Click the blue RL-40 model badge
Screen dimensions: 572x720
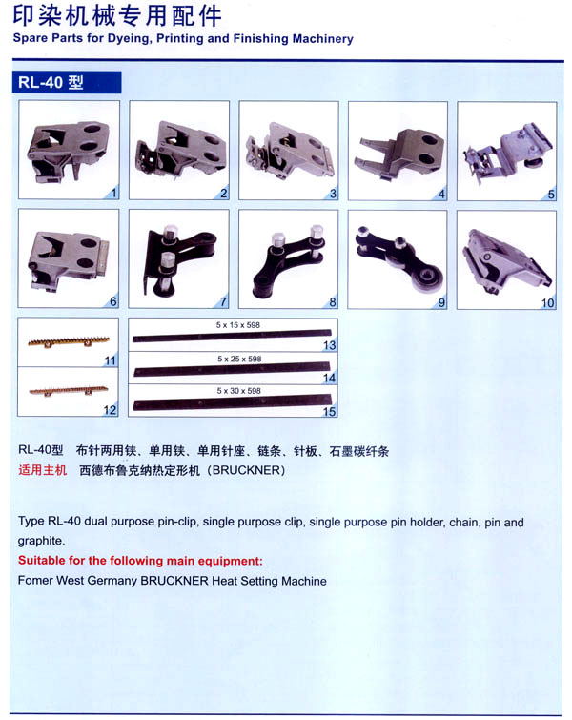67,82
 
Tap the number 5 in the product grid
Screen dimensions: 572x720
551,195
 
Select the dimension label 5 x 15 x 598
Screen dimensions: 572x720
237,325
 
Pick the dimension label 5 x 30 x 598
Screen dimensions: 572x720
238,391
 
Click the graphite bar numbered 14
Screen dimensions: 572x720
233,369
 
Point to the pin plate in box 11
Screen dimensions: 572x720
69,341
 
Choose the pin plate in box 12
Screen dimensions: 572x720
69,390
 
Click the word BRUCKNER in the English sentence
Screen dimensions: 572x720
174,581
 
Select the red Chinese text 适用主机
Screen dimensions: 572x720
43,470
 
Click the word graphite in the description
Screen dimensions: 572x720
41,541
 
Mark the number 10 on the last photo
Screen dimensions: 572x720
547,303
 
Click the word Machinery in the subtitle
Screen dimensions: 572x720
323,39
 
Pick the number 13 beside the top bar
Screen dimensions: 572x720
329,345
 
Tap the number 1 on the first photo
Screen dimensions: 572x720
113,193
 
